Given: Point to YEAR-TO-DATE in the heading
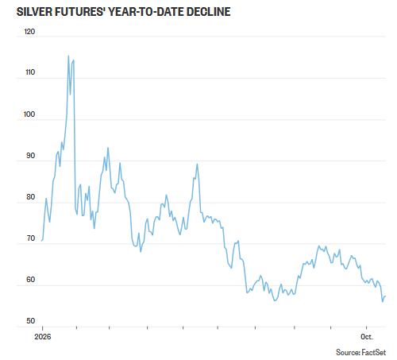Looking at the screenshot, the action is pyautogui.click(x=145, y=12).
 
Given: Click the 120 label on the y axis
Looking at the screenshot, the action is pyautogui.click(x=29, y=32).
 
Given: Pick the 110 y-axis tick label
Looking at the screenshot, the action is pyautogui.click(x=30, y=72).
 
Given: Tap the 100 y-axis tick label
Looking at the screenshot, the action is pyautogui.click(x=29, y=114).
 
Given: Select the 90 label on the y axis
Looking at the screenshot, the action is pyautogui.click(x=30, y=156).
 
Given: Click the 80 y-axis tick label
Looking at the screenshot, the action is pyautogui.click(x=30, y=197).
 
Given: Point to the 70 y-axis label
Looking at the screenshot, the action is pyautogui.click(x=31, y=238).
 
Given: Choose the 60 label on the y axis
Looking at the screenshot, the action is pyautogui.click(x=30, y=280).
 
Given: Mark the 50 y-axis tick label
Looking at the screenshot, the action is pyautogui.click(x=30, y=321).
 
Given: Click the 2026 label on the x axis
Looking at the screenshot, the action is pyautogui.click(x=43, y=337).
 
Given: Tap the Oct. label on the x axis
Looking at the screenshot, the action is pyautogui.click(x=367, y=337).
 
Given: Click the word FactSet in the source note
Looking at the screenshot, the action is pyautogui.click(x=374, y=352).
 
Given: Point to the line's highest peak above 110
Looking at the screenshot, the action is pyautogui.click(x=68, y=56).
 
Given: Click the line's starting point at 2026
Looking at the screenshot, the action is pyautogui.click(x=41, y=241).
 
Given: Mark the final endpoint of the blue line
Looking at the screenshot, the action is pyautogui.click(x=386, y=296).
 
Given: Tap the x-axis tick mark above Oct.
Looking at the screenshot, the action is pyautogui.click(x=366, y=328).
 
